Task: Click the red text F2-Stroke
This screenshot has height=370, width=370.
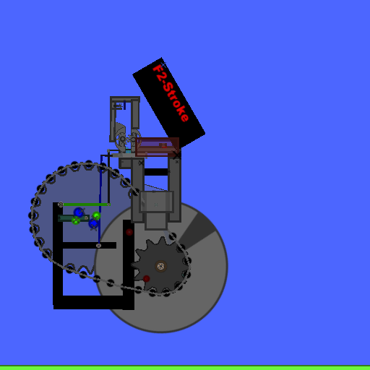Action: (x=171, y=93)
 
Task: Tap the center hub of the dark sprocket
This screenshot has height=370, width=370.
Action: (x=160, y=267)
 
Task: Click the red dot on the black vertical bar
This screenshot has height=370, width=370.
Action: (x=129, y=232)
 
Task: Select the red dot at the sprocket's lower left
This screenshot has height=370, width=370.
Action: (x=146, y=279)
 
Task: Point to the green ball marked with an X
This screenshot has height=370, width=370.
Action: (x=76, y=220)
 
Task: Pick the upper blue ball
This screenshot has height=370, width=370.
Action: (x=79, y=212)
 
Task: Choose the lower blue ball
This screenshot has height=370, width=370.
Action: (x=93, y=223)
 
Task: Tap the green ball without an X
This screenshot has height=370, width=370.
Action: (x=96, y=215)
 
